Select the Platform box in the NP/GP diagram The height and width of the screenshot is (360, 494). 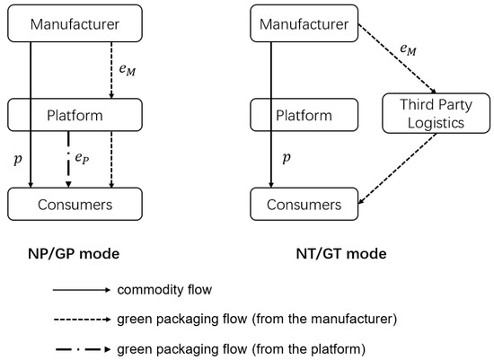coord(75,114)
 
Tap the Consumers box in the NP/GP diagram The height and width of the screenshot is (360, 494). coord(75,205)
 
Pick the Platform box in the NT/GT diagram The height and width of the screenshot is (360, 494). coord(309,114)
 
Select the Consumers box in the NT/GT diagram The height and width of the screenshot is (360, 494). coord(309,205)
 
